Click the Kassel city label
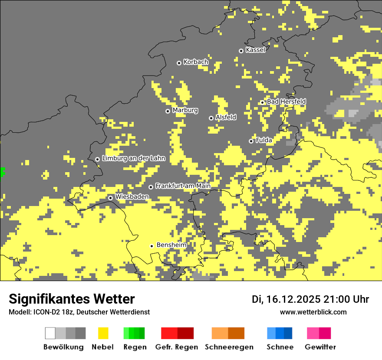[x=255, y=50]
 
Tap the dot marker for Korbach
[x=179, y=63]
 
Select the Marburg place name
[x=185, y=110]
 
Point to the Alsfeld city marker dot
[x=211, y=118]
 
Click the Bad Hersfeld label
[x=286, y=101]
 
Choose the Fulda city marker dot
[x=251, y=141]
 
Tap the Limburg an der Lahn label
[x=133, y=158]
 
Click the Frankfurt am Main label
[x=183, y=186]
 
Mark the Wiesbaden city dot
[x=111, y=198]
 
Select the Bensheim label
[x=171, y=245]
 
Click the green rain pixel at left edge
[x=2, y=171]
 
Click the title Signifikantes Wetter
[x=72, y=299]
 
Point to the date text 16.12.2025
[x=293, y=299]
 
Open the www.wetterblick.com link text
[x=313, y=312]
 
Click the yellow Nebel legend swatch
[x=103, y=333]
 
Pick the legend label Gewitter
[x=320, y=347]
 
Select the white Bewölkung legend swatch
[x=50, y=333]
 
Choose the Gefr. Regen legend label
[x=177, y=347]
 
